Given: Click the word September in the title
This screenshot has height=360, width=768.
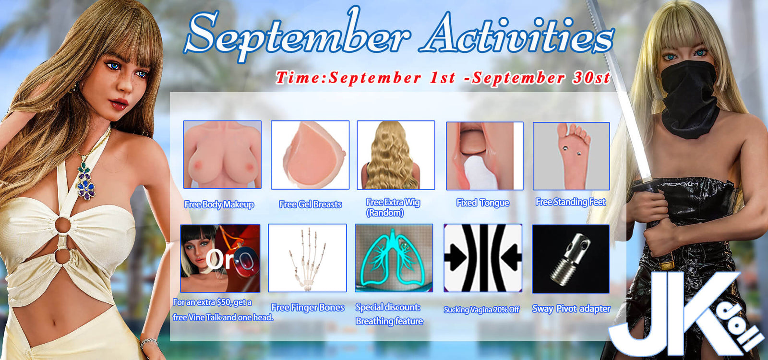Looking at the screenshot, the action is click(297, 34).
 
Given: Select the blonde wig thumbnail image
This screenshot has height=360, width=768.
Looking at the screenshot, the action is click(396, 155).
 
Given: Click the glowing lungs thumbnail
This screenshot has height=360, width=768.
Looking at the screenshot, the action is click(394, 258).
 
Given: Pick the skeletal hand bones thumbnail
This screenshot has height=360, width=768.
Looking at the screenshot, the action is click(307, 258).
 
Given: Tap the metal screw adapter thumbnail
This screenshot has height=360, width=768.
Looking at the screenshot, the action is click(571, 259).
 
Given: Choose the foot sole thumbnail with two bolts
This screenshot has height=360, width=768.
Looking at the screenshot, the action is click(571, 156).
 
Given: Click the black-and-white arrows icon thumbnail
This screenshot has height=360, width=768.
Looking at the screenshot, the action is click(483, 258).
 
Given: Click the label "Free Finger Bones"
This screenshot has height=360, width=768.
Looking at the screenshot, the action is click(308, 308).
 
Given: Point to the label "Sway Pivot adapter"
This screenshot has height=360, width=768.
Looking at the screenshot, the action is click(571, 309).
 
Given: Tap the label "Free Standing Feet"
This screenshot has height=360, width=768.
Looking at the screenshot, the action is click(571, 202).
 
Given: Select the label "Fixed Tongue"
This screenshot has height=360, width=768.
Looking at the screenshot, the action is click(483, 203).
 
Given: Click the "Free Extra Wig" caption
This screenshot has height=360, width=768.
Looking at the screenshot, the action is click(393, 202).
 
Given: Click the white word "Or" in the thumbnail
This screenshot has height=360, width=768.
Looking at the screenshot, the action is click(220, 260).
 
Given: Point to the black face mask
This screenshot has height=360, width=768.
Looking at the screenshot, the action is click(689, 98).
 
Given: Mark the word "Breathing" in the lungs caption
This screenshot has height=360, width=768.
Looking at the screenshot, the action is click(372, 321).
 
